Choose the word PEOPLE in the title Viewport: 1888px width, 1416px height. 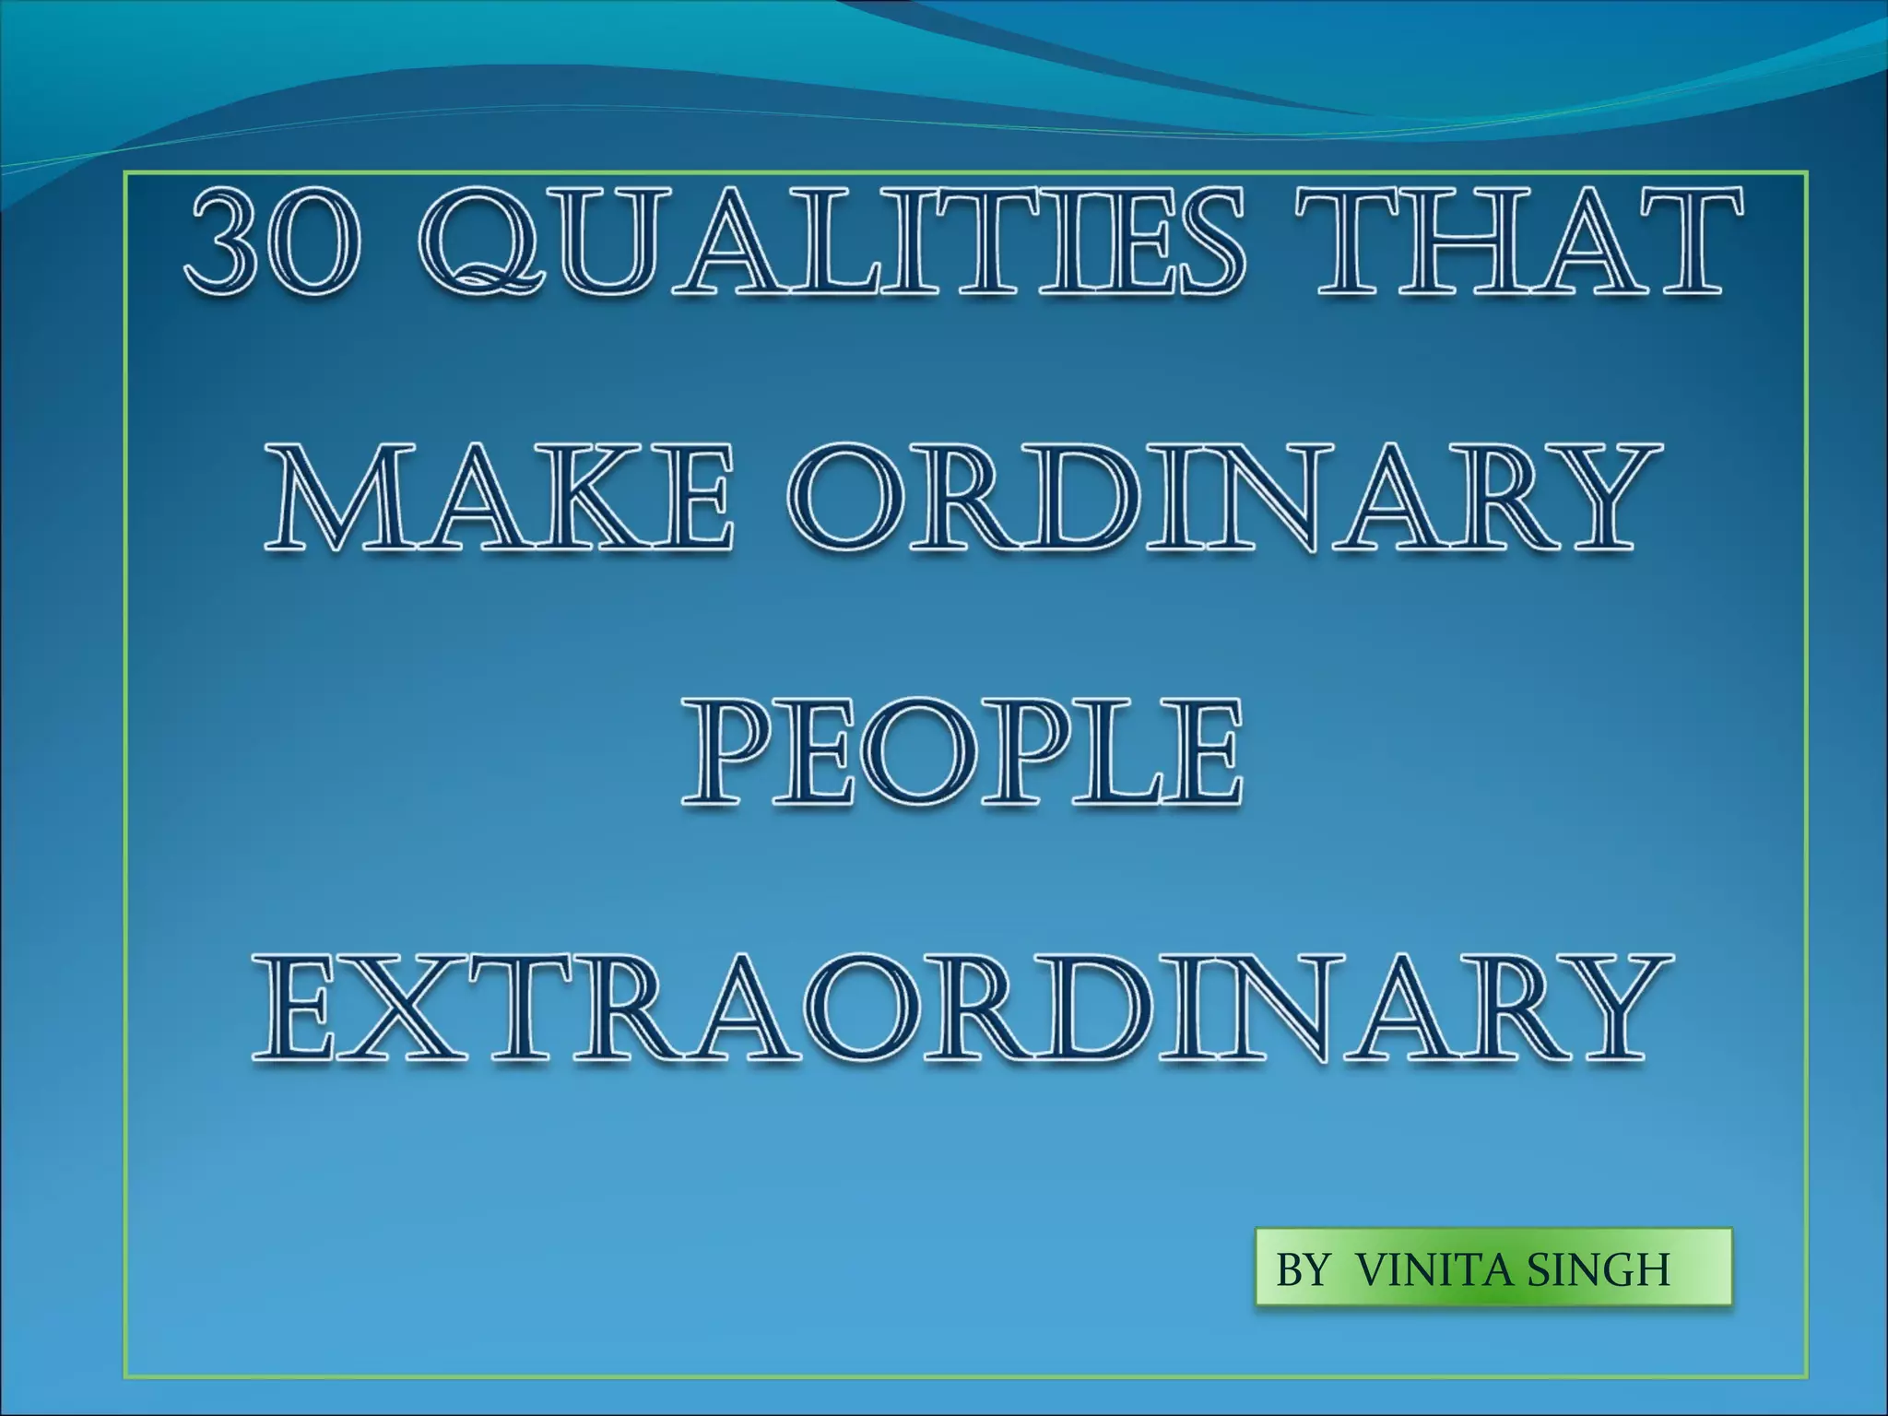961,753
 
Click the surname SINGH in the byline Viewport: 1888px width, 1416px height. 1599,1270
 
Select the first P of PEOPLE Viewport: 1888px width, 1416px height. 730,753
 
